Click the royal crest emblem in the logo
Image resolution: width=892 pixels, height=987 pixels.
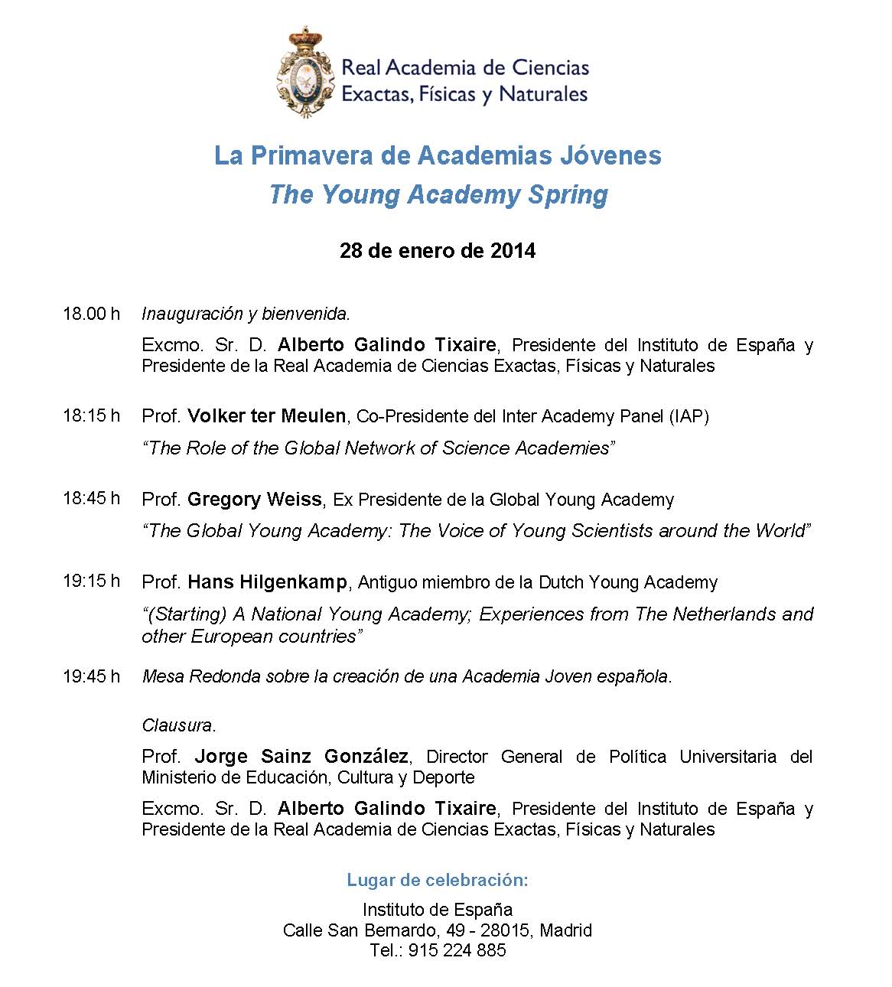[306, 71]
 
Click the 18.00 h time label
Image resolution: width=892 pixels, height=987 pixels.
[92, 314]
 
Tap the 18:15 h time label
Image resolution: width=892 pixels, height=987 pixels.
[92, 415]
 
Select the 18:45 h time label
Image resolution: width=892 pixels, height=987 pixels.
[92, 498]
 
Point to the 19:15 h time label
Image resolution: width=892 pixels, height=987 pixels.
[92, 581]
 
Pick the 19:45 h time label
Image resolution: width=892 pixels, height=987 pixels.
[92, 676]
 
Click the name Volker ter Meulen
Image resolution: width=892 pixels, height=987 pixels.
[266, 416]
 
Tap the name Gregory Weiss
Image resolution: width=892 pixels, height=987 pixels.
[254, 500]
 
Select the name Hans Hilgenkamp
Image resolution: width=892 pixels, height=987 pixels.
[266, 582]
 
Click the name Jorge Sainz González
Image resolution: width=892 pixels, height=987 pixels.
[301, 757]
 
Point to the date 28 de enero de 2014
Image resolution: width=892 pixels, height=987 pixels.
[438, 251]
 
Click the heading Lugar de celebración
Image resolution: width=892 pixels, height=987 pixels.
[438, 880]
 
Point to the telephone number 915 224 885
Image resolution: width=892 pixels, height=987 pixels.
[457, 950]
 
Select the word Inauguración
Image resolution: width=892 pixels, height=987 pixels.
[192, 314]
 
